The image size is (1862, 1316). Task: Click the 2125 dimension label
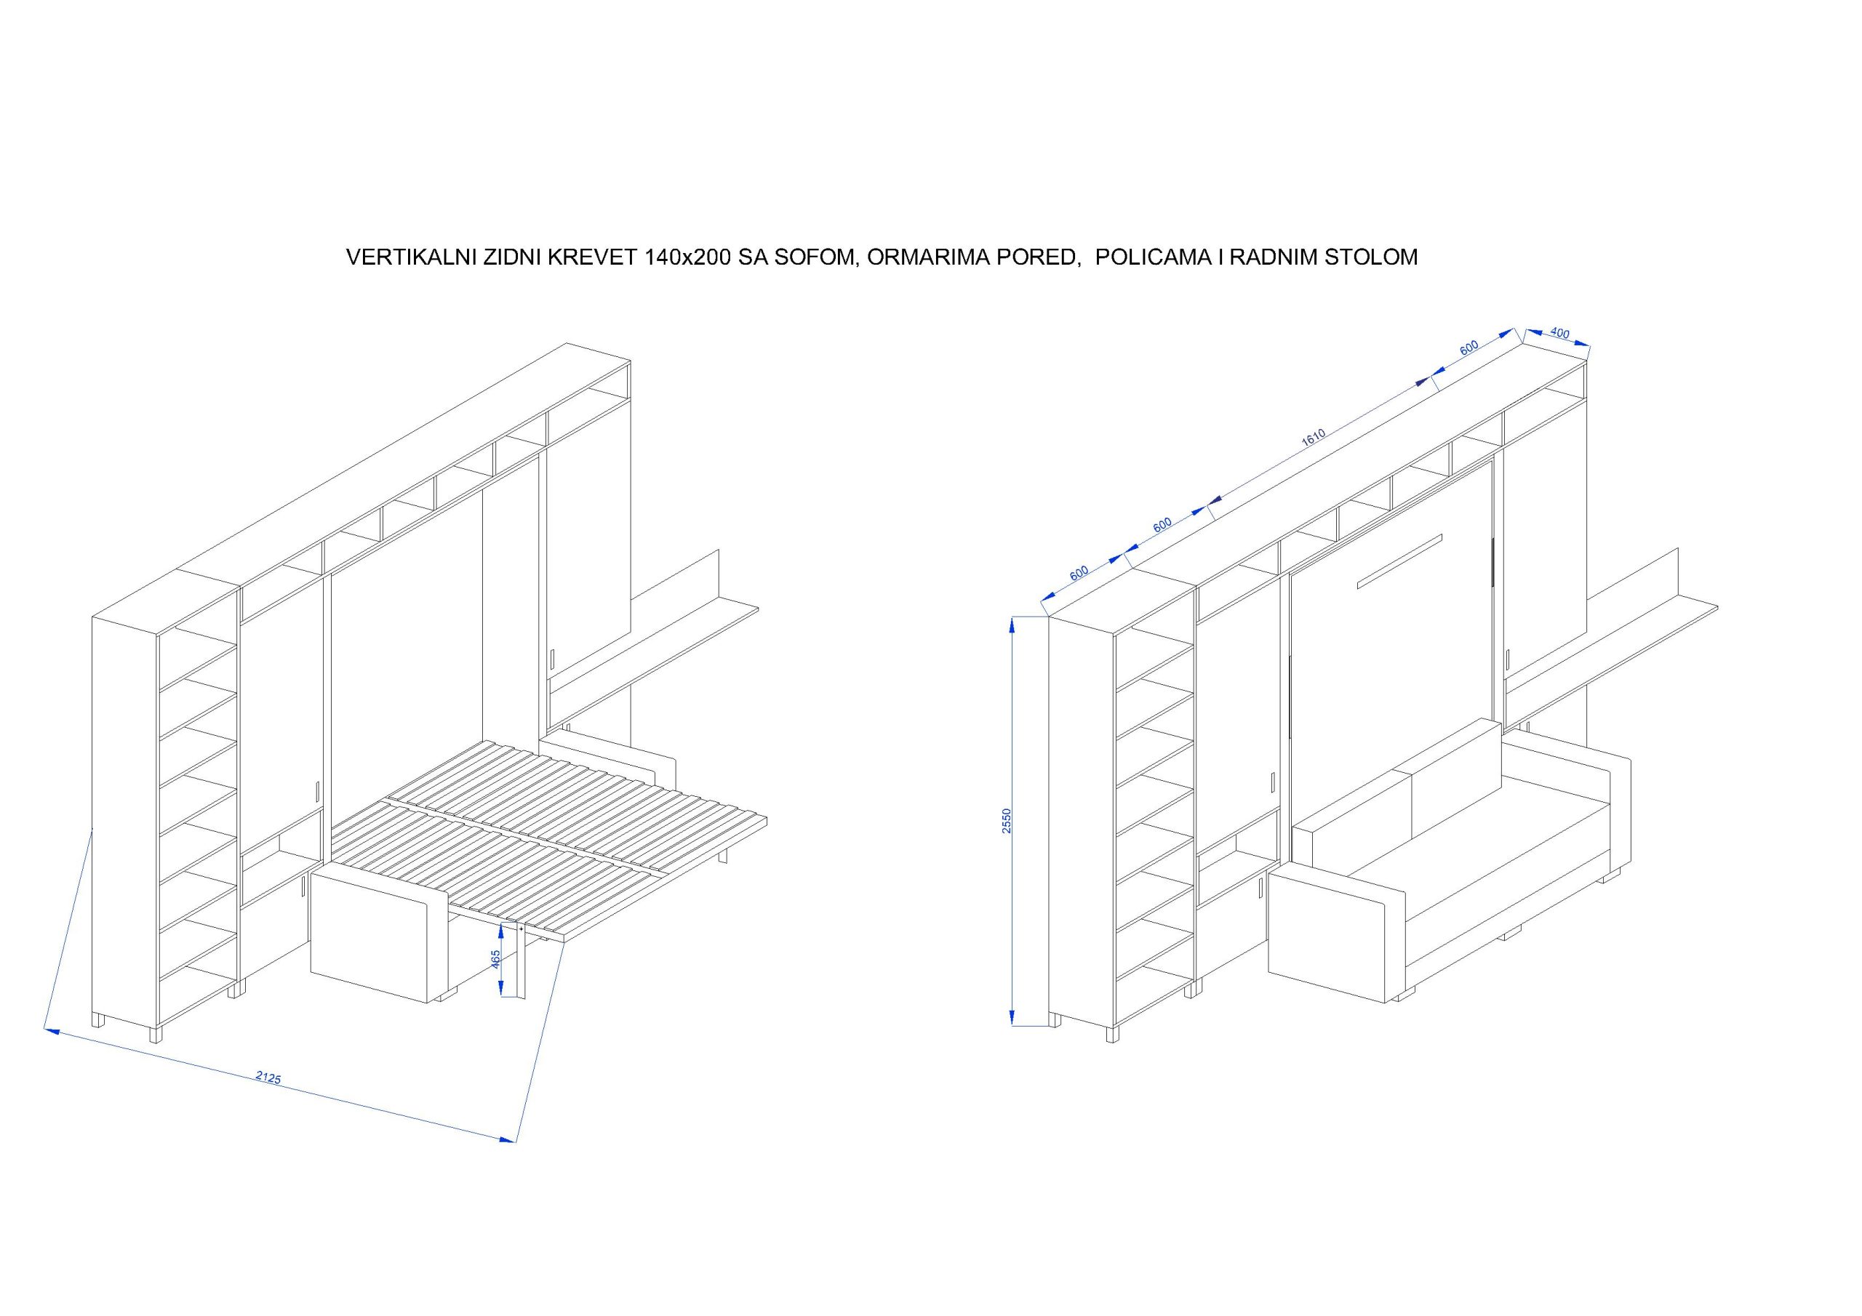tap(268, 1078)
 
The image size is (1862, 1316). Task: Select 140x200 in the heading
tap(689, 258)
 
